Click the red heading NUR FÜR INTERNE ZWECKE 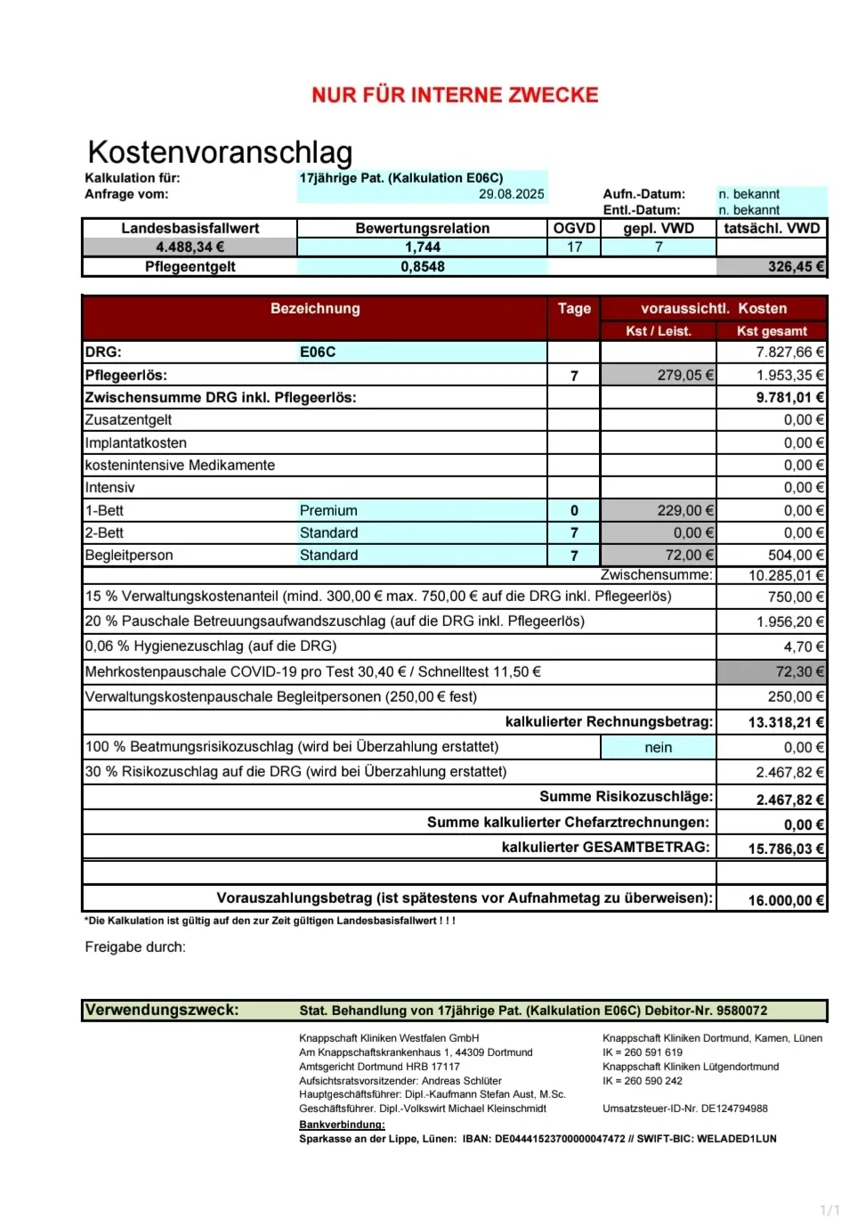coord(455,95)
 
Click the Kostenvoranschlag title coord(220,152)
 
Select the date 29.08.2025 coord(511,194)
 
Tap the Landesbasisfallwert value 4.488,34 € coord(190,247)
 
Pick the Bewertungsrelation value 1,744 coord(422,247)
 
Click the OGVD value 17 coord(574,247)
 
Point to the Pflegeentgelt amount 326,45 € coord(796,266)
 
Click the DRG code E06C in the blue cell coord(318,352)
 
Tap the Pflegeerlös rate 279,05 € coord(684,375)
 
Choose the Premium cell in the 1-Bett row coord(328,510)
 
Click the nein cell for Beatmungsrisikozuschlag coord(658,747)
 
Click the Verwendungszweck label coord(161,1010)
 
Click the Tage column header coord(574,308)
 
